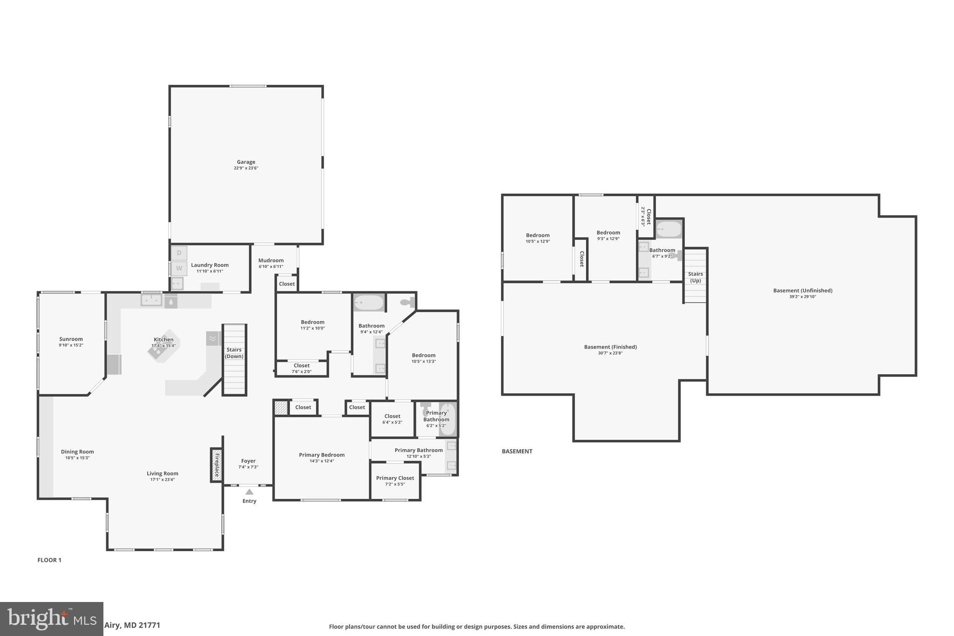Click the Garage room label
point(246,162)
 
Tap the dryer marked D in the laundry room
point(179,253)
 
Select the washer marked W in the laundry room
point(179,268)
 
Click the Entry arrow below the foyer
point(249,492)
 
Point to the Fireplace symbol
point(216,465)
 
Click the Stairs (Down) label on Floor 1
point(234,353)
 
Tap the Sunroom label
point(71,339)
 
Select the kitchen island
point(163,347)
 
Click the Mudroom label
point(271,260)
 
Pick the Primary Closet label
point(395,478)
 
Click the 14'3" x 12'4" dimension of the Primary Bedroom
point(322,461)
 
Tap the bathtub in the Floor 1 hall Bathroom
point(369,303)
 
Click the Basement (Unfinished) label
point(803,290)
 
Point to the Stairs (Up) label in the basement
point(695,277)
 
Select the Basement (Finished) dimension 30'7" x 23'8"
point(610,353)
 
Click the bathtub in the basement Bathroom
point(669,229)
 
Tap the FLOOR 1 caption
point(49,560)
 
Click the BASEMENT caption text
point(517,451)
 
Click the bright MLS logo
point(51,619)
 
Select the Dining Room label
point(77,451)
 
